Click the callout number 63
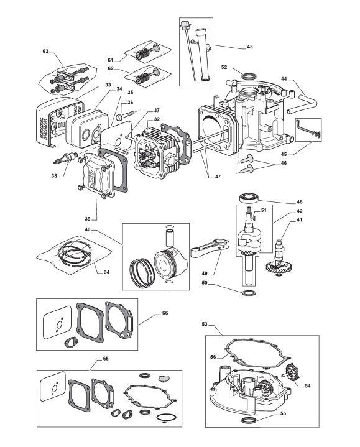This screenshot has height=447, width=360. pyautogui.click(x=45, y=51)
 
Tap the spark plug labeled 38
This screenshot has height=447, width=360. pyautogui.click(x=66, y=158)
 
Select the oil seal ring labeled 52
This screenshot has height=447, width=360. pyautogui.click(x=249, y=76)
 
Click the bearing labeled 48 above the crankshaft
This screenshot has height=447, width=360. pyautogui.click(x=249, y=198)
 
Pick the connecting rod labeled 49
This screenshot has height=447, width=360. pyautogui.click(x=210, y=248)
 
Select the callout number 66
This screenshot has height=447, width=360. pyautogui.click(x=165, y=313)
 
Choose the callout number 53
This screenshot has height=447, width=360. pyautogui.click(x=205, y=324)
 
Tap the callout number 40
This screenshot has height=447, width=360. pyautogui.click(x=88, y=229)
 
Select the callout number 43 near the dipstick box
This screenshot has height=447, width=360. pyautogui.click(x=250, y=47)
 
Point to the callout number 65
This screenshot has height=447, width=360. pyautogui.click(x=106, y=359)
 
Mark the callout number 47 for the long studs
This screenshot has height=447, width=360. pyautogui.click(x=218, y=177)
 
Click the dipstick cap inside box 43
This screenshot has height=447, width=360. pyautogui.click(x=185, y=25)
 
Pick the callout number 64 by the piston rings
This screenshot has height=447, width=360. pyautogui.click(x=106, y=272)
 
